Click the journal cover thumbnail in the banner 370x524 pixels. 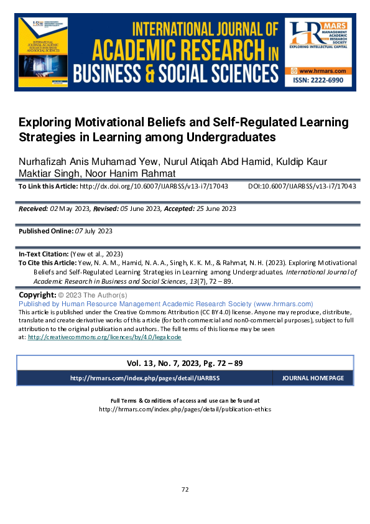click(x=43, y=54)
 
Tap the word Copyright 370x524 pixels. click(x=37, y=294)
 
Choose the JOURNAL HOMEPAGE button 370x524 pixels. click(x=313, y=378)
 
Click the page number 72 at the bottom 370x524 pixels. click(x=185, y=490)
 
